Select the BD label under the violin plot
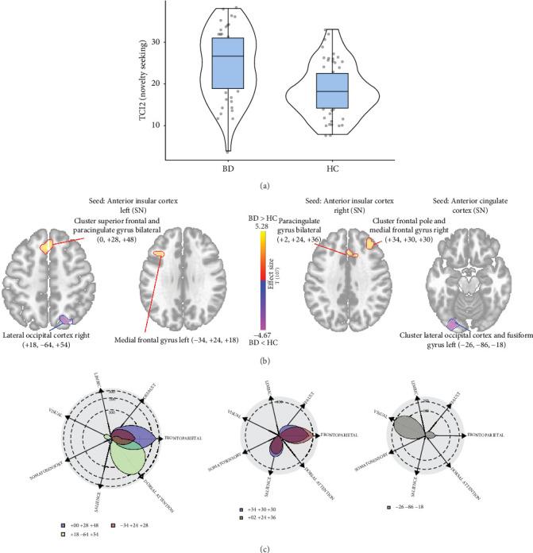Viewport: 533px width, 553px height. (229, 169)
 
